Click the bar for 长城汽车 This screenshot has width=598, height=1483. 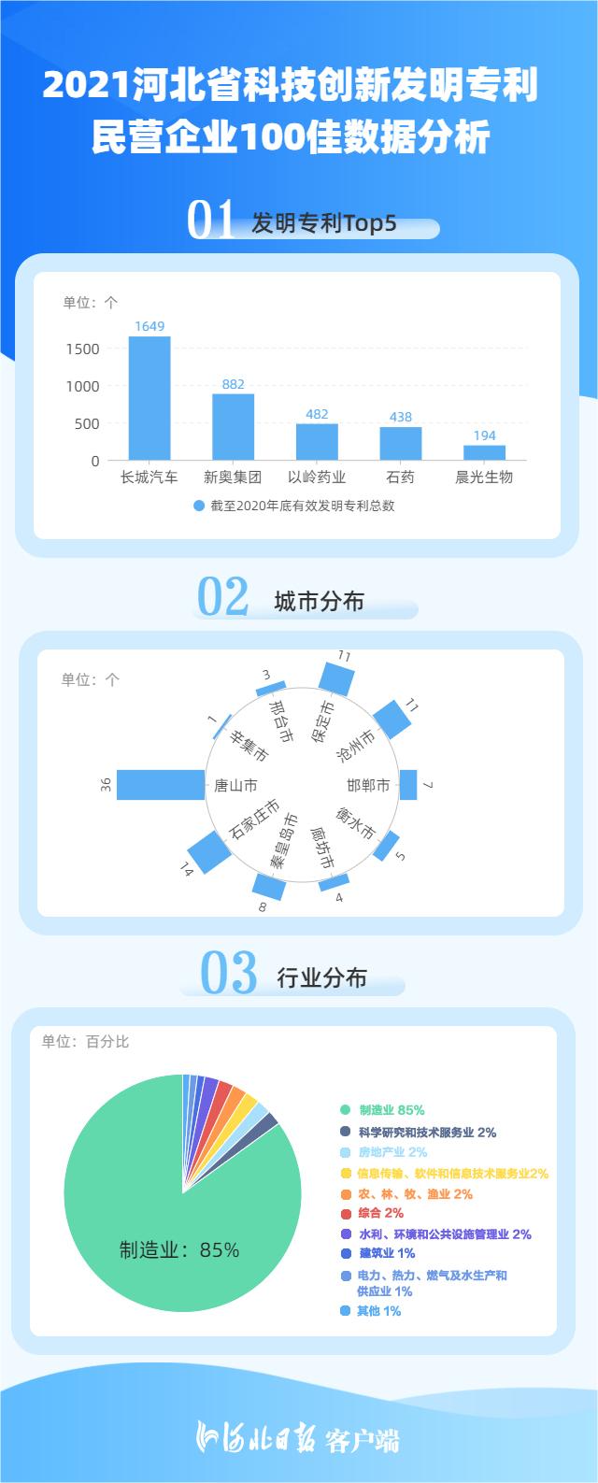pos(149,398)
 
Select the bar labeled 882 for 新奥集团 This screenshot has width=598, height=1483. pos(233,427)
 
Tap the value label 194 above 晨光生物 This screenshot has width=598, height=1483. pos(484,435)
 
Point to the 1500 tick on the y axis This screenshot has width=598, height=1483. pos(83,349)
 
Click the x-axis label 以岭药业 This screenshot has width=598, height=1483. pos(317,477)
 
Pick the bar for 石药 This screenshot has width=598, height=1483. pos(401,444)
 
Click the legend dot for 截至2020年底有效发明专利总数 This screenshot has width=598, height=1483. pos(199,506)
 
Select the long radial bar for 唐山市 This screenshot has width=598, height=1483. pos(161,785)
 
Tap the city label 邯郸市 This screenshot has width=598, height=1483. pos(368,785)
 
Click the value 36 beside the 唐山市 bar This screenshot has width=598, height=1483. pos(106,785)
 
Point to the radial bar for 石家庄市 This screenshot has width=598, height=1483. pos(209,852)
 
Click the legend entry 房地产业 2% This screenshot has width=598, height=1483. pos(392,1152)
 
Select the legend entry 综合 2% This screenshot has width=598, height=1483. pos(381,1213)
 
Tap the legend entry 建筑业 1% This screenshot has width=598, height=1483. pos(387,1252)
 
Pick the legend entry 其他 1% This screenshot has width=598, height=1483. pos(378,1311)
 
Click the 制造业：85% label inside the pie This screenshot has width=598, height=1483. pos(178,1249)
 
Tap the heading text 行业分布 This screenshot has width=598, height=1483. pos(321,977)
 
